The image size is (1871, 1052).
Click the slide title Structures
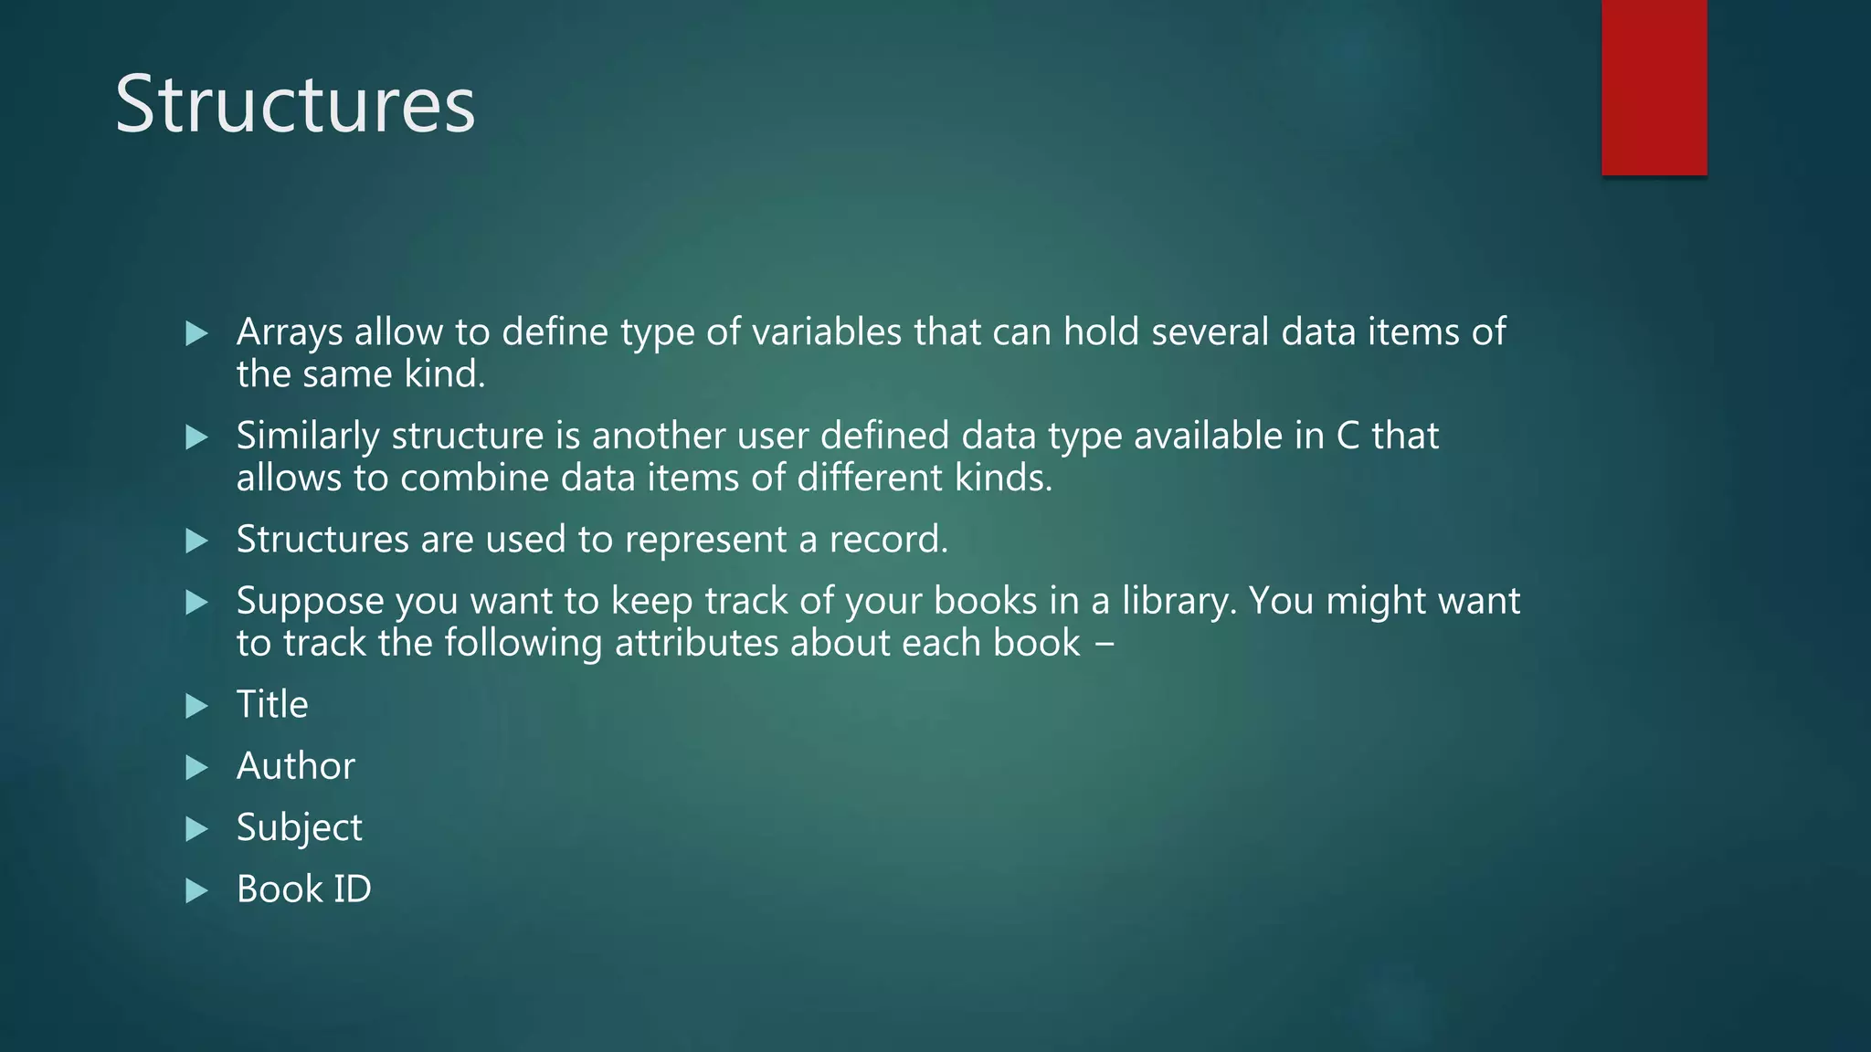295,104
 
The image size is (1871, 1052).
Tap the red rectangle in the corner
1654,87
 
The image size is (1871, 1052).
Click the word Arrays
290,332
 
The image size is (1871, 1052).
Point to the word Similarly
308,436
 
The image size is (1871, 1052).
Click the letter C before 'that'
1348,437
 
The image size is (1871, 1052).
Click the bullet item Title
272,705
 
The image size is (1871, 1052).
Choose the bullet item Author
295,766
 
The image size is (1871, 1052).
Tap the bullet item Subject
299,828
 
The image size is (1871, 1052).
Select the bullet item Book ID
303,889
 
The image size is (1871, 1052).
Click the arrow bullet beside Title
196,706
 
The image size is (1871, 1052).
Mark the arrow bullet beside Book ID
196,890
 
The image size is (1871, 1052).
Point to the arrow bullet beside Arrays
196,333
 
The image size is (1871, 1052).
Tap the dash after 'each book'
1104,645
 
